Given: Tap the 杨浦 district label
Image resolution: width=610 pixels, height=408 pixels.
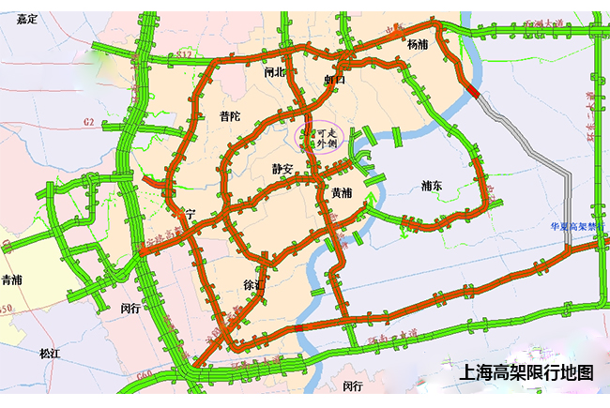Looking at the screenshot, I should pos(418,44).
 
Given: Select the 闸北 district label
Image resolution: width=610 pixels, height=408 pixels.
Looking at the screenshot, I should pos(274,71).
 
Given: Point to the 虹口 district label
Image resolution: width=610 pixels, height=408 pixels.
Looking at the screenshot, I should pos(335,81).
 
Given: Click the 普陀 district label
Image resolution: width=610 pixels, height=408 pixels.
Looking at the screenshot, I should pos(229,116).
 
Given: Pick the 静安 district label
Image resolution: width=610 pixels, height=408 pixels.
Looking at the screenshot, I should pos(283,169).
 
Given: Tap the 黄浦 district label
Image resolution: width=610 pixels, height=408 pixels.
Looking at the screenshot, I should pos(342,192).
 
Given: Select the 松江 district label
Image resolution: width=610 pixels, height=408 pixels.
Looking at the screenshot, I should pos(50,354).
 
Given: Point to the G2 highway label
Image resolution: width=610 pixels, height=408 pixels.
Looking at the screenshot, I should pos(89,122).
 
